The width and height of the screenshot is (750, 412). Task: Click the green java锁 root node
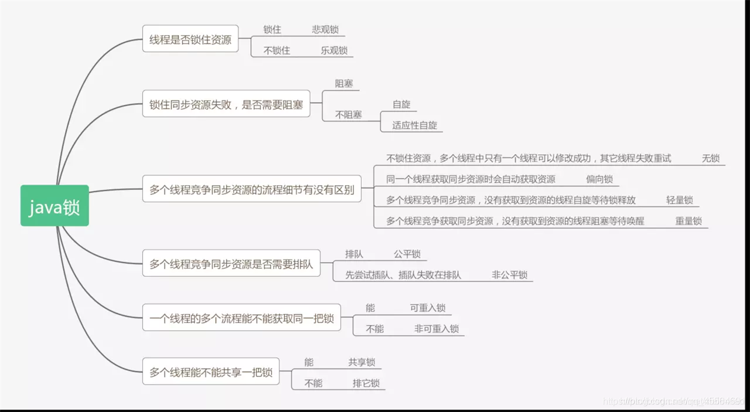(x=54, y=206)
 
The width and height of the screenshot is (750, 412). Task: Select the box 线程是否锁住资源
(x=190, y=40)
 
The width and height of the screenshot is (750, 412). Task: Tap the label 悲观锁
(x=325, y=29)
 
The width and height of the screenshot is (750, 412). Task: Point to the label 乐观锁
(x=334, y=50)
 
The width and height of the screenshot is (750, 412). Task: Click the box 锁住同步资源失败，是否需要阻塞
(x=226, y=105)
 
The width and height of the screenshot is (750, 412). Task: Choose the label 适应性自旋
(x=414, y=125)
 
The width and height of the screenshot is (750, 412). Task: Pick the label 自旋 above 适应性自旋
(x=401, y=104)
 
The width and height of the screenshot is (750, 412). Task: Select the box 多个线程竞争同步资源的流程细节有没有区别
(x=252, y=190)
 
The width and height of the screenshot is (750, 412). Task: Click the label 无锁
(x=711, y=158)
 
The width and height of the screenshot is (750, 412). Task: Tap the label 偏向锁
(x=599, y=179)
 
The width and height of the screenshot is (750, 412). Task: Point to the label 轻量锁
(x=679, y=200)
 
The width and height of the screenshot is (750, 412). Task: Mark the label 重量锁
(x=688, y=221)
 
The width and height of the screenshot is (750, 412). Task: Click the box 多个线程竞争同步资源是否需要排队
(x=231, y=264)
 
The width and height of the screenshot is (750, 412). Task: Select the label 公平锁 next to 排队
(x=407, y=254)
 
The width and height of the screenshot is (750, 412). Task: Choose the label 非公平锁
(x=509, y=275)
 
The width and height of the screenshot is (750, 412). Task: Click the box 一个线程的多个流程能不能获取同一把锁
(x=241, y=318)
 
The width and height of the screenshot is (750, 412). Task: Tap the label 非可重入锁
(x=436, y=329)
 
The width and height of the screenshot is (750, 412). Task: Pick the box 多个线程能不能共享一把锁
(x=211, y=372)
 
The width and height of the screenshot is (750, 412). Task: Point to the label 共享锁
(x=362, y=362)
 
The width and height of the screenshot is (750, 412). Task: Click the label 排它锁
(x=366, y=383)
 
